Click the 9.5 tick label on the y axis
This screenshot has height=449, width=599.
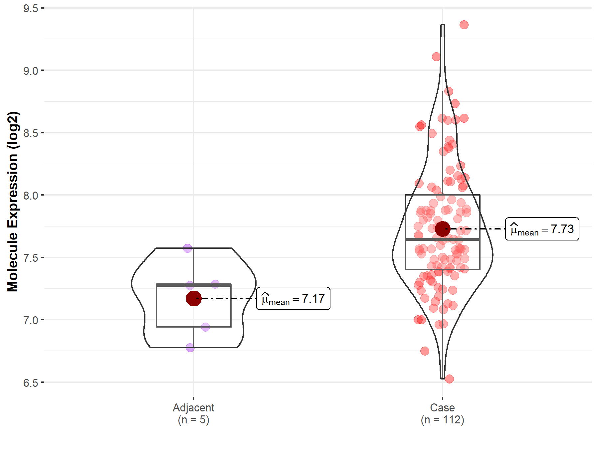tap(31, 8)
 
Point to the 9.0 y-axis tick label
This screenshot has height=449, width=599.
tap(31, 71)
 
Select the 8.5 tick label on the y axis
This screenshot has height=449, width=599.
tap(31, 133)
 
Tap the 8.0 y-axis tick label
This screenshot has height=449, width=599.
tap(31, 196)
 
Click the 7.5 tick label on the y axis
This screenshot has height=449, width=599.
tap(31, 258)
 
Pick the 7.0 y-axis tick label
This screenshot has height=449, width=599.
tap(31, 320)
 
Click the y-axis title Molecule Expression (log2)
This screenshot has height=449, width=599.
tap(13, 202)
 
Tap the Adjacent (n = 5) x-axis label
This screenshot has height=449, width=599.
tap(194, 413)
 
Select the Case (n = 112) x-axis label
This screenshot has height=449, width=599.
tap(442, 413)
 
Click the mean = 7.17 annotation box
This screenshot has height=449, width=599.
tap(293, 299)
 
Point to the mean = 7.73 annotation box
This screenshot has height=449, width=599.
tap(542, 229)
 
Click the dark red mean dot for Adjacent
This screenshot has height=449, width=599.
tap(194, 298)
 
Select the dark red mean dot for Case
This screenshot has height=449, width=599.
tap(443, 229)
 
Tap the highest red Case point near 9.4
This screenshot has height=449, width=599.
tap(464, 25)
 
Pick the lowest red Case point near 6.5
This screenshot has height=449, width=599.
tap(449, 379)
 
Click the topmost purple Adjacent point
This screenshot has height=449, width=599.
tap(188, 248)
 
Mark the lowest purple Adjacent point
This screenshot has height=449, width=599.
tap(190, 348)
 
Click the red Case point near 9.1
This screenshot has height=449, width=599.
tap(436, 57)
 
